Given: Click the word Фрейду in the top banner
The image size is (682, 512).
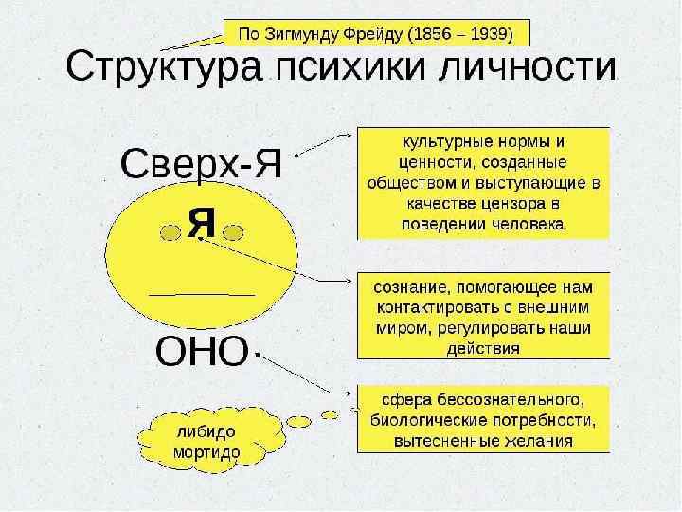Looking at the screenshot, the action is tap(362, 34).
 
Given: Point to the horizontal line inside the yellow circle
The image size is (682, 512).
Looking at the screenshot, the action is tap(202, 295).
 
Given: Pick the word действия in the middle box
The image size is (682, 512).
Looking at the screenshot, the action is tap(482, 348).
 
